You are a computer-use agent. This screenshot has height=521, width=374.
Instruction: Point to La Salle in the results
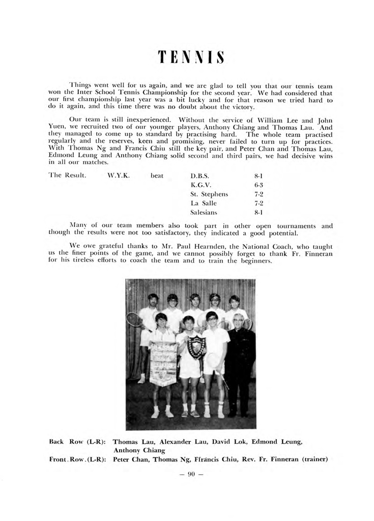[x=204, y=202]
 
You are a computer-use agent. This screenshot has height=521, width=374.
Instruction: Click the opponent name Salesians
[x=204, y=212]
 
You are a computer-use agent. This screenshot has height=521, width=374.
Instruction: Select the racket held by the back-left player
[x=134, y=319]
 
